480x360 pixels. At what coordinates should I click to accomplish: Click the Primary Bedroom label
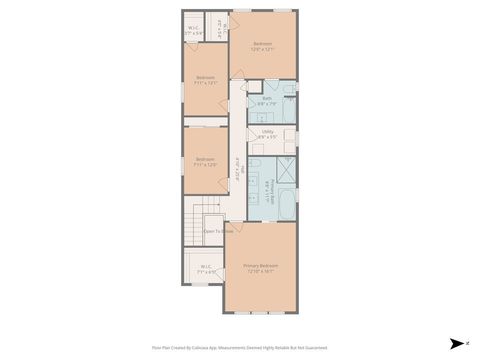click(260, 264)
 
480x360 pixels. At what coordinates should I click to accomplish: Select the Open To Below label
click(218, 230)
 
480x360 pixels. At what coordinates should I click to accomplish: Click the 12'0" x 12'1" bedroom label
click(262, 46)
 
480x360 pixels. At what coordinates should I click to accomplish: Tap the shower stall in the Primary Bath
click(286, 171)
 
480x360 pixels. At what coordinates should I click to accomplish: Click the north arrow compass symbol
click(454, 342)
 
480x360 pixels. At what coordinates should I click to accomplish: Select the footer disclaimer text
click(240, 348)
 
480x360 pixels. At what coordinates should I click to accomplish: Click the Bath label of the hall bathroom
click(267, 98)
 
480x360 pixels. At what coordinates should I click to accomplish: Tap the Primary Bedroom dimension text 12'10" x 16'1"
click(260, 270)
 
